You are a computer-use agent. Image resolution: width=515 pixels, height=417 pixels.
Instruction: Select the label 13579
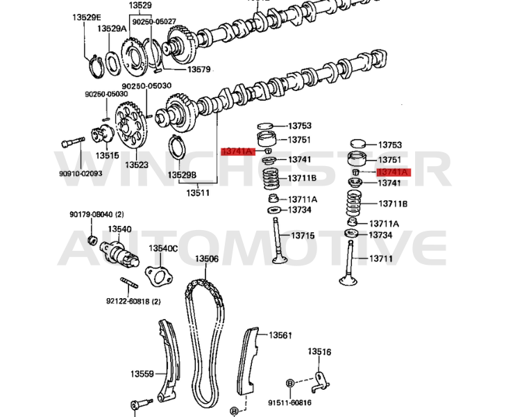point(179,69)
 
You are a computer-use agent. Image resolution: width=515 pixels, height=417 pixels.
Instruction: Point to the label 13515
point(107,156)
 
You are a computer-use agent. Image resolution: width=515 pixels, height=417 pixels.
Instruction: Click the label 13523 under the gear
point(137,165)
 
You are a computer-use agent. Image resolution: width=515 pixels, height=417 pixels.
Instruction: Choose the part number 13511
point(197,192)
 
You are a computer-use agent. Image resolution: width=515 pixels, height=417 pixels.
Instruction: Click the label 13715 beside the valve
point(302,236)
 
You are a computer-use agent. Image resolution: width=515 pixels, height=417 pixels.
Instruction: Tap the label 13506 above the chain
point(206,259)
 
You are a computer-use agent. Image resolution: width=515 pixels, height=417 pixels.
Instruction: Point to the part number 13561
point(281,335)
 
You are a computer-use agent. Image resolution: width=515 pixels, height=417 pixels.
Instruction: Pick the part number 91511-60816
point(290,402)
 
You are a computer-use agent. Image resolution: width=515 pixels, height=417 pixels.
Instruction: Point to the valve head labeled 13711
point(346,281)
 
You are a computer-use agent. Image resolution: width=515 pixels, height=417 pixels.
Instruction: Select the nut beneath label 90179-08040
point(90,240)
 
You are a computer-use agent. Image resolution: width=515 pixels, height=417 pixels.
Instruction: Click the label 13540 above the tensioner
point(121,229)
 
